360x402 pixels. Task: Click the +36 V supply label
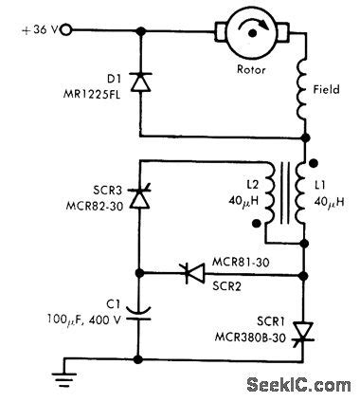(35, 31)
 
